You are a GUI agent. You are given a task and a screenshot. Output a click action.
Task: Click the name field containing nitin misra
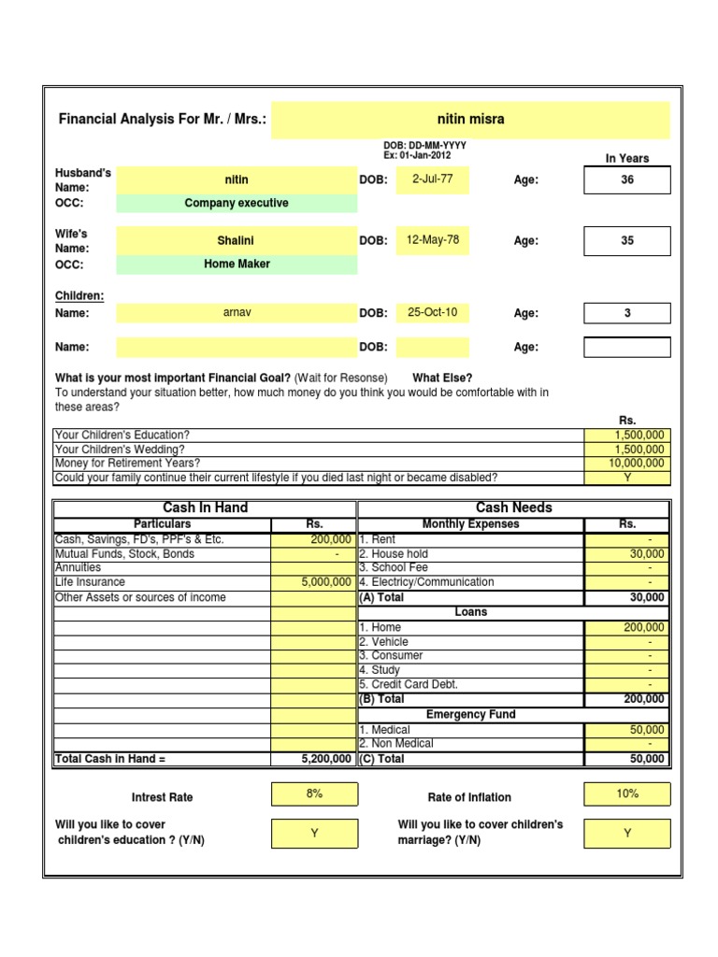point(470,120)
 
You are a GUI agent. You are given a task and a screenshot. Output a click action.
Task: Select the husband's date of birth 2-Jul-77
point(432,179)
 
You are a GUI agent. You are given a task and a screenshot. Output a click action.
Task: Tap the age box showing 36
point(626,179)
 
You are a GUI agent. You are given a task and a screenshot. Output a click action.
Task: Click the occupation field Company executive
point(237,204)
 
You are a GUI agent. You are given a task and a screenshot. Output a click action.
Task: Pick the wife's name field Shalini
point(237,241)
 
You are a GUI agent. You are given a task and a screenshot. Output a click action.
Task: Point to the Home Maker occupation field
point(237,264)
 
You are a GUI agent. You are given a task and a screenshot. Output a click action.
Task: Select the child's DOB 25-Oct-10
point(432,312)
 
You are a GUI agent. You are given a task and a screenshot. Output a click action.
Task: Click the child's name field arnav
point(237,313)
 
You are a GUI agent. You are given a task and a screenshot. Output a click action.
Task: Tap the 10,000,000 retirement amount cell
point(627,464)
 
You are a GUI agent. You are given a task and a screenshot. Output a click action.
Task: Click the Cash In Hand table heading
point(205,507)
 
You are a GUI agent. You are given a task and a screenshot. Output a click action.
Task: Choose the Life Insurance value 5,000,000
point(313,582)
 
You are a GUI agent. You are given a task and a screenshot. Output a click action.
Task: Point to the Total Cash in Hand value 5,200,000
point(313,759)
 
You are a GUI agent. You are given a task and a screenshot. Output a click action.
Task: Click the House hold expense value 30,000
point(627,554)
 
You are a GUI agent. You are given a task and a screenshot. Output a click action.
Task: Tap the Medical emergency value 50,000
point(627,730)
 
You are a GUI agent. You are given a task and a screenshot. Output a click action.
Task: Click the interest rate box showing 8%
point(314,793)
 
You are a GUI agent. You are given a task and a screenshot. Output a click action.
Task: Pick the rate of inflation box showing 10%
point(627,793)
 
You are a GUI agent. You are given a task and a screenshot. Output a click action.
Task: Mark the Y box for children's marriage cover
point(627,833)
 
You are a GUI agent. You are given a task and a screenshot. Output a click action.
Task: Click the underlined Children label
point(79,296)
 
